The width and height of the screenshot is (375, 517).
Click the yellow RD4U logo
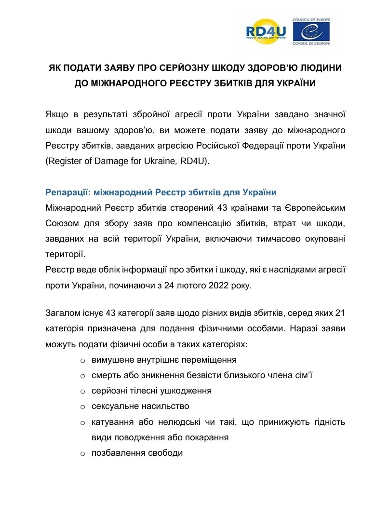pos(266,32)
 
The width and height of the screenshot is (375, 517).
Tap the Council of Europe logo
pos(310,31)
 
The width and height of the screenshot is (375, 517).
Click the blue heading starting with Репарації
pos(161,192)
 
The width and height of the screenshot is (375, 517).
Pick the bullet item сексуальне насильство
pos(140,406)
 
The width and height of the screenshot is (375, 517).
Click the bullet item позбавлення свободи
pos(137,453)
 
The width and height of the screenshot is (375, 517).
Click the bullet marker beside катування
pos(82,423)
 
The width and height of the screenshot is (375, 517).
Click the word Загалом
pos(63,314)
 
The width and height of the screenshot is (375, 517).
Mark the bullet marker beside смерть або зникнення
pos(82,376)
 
